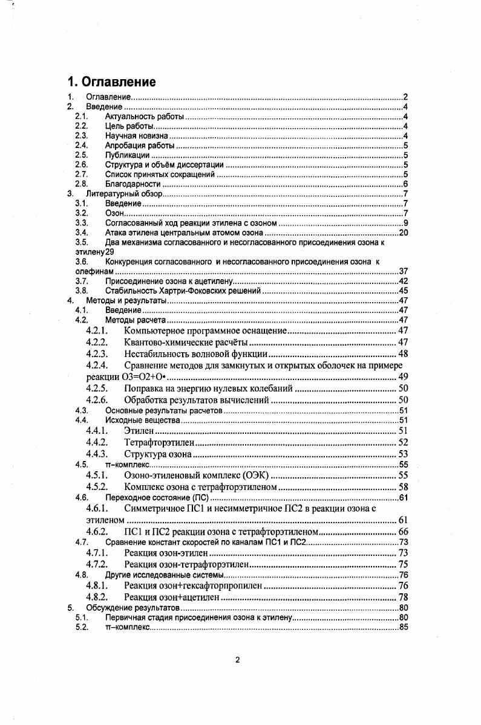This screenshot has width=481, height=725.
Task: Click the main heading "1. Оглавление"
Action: (111, 82)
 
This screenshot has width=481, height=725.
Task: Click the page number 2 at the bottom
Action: (237, 660)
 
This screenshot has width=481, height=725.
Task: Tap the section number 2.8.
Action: (82, 184)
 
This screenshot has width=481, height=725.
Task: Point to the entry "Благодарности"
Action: (133, 184)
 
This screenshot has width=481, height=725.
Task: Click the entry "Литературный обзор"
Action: (125, 193)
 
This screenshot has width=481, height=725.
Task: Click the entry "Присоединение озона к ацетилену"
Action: (168, 281)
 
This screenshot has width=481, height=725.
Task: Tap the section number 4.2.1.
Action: (97, 330)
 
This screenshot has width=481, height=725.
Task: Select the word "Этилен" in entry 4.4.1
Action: (139, 430)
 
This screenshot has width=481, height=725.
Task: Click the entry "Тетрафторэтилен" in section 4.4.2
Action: (159, 442)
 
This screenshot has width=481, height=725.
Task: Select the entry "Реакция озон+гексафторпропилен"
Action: (193, 585)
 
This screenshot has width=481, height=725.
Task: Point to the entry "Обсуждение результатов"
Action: (133, 608)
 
